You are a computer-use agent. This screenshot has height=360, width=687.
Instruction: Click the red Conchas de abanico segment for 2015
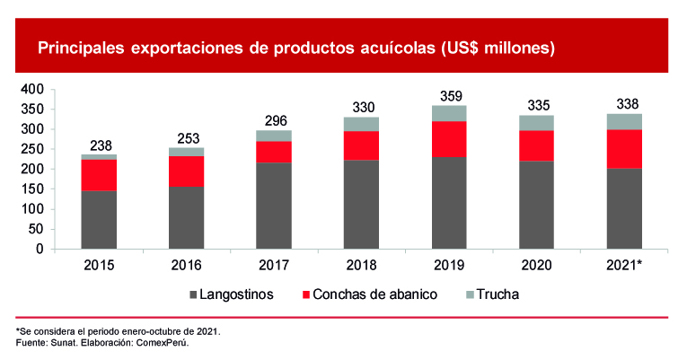click(99, 175)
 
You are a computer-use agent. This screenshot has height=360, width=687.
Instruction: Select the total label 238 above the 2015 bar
click(99, 145)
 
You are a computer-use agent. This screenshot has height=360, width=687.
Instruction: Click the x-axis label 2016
click(185, 266)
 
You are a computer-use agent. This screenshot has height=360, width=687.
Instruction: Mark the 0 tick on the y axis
click(40, 249)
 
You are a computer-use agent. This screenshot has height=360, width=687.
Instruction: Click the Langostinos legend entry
click(236, 294)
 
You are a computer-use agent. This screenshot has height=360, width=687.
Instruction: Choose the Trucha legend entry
click(497, 294)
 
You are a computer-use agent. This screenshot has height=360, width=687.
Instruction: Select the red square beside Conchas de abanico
click(306, 294)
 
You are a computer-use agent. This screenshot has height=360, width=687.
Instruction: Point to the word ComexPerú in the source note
click(166, 343)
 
